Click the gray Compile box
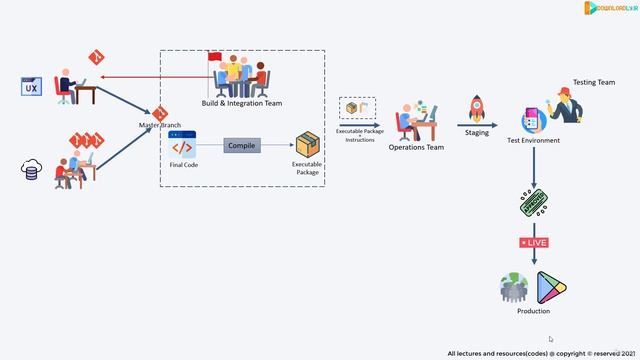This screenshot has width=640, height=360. (x=241, y=146)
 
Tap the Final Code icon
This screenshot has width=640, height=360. (x=183, y=147)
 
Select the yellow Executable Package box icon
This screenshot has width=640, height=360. (x=307, y=145)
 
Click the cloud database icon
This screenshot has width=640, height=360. (x=31, y=170)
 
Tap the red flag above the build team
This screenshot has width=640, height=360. (x=214, y=57)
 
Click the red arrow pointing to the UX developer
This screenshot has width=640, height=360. (x=150, y=77)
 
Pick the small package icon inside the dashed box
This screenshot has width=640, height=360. (x=352, y=107)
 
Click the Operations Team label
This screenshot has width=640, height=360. (x=416, y=147)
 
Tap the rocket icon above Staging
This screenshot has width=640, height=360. (x=477, y=107)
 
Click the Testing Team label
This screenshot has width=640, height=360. (x=593, y=83)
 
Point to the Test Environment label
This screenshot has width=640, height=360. (x=533, y=140)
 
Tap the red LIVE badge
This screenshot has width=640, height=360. (x=533, y=243)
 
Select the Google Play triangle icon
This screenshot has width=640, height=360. (x=551, y=288)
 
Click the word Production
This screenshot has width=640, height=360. (x=533, y=312)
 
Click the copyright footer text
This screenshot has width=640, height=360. (x=541, y=353)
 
